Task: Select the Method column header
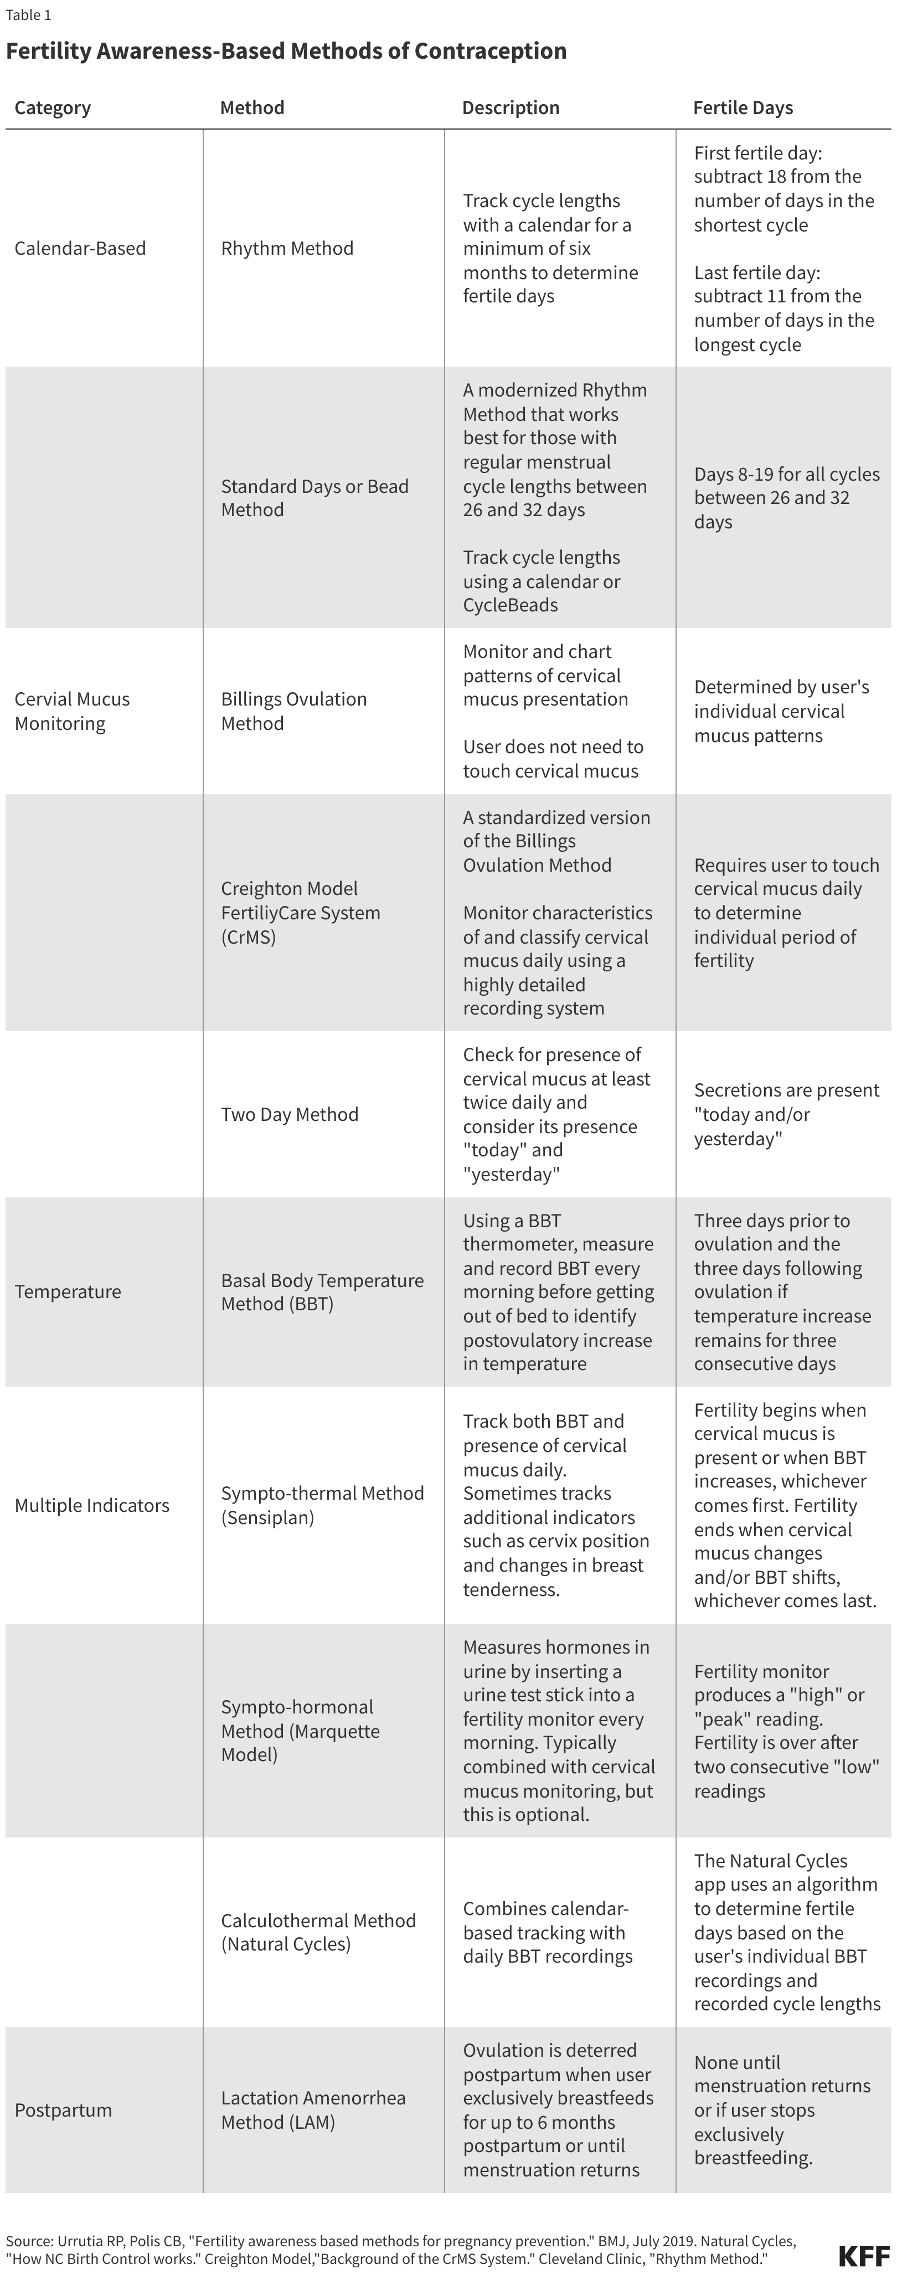click(252, 108)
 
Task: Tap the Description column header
click(511, 108)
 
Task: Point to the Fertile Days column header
click(743, 108)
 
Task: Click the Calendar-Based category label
click(80, 248)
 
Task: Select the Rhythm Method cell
click(287, 248)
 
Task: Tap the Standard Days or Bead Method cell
click(315, 497)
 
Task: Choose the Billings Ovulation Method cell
click(294, 711)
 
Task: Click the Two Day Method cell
click(290, 1115)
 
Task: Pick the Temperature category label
click(68, 1291)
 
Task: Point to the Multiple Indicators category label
click(92, 1505)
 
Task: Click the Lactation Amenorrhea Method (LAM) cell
click(313, 2110)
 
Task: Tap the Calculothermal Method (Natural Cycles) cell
click(318, 1932)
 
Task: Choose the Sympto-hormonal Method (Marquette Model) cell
click(300, 1730)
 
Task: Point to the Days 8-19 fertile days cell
click(786, 497)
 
